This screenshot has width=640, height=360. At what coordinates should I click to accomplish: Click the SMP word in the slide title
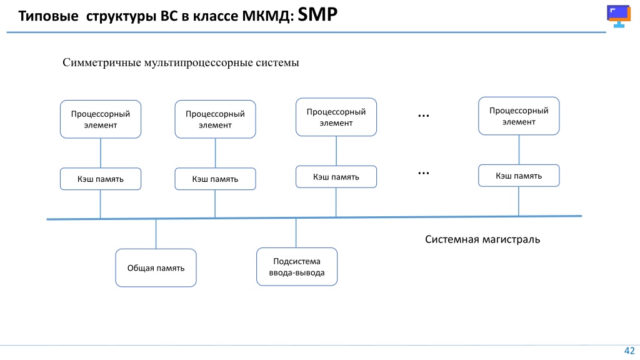tap(317, 15)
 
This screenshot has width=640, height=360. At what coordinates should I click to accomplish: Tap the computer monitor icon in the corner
tap(619, 16)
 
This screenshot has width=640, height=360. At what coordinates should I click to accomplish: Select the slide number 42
tap(629, 351)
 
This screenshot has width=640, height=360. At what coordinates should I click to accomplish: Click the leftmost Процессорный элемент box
tap(101, 119)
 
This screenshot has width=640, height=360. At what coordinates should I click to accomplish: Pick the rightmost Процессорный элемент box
tap(519, 116)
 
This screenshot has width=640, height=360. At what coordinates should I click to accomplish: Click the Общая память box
tap(156, 267)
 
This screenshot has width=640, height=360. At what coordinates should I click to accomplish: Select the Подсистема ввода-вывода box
tap(297, 266)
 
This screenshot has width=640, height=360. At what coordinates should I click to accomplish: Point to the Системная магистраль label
tap(482, 239)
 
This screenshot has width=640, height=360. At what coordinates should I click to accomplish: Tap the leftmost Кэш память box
tap(101, 179)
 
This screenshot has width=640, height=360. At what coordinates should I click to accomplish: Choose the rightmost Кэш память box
tap(519, 176)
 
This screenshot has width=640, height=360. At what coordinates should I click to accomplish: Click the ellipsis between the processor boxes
tap(424, 116)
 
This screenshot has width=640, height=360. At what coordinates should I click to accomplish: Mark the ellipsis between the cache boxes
tap(424, 174)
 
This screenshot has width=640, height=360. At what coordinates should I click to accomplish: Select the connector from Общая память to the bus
tap(156, 234)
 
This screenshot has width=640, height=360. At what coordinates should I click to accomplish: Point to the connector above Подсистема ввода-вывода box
tap(296, 232)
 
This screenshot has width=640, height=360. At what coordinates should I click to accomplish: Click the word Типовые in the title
tap(48, 16)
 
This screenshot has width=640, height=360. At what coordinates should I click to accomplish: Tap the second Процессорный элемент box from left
tap(215, 119)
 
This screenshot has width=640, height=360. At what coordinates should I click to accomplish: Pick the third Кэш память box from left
tap(336, 177)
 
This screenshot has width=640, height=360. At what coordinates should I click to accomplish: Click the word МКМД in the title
tap(267, 16)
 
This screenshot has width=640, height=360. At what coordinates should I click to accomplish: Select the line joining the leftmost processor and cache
tap(101, 153)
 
